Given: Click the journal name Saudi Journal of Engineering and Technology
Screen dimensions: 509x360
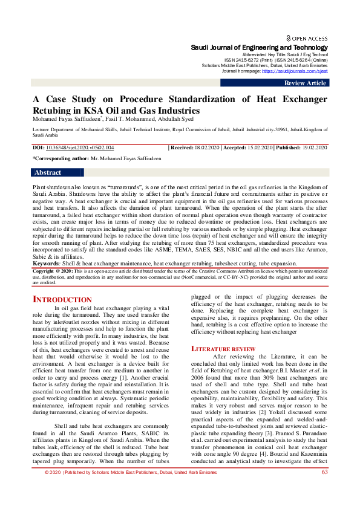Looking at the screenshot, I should pyautogui.click(x=259, y=47).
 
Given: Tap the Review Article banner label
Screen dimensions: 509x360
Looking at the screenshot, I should pyautogui.click(x=305, y=83).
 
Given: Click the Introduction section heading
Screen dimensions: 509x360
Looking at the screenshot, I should pyautogui.click(x=62, y=300).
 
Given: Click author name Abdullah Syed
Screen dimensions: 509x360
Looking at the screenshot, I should pyautogui.click(x=174, y=120).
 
